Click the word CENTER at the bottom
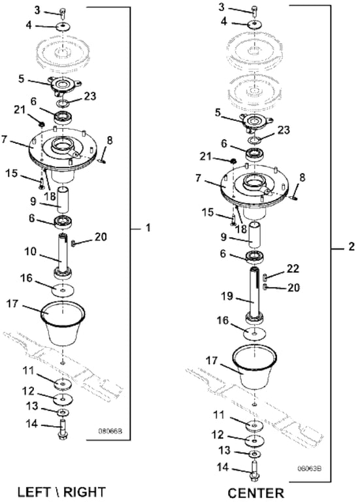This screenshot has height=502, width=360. pyautogui.click(x=255, y=493)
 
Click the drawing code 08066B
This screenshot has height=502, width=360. pyautogui.click(x=110, y=431)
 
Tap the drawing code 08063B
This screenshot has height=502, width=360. pyautogui.click(x=310, y=469)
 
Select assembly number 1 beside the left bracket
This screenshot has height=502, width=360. pyautogui.click(x=148, y=228)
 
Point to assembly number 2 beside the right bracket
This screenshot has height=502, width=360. pyautogui.click(x=351, y=246)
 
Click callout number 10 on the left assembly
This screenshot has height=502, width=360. pyautogui.click(x=31, y=252)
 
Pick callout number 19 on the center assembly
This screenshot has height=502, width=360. pyautogui.click(x=227, y=296)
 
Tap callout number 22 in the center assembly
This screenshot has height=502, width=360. pyautogui.click(x=293, y=268)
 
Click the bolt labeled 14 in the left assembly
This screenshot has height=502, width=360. pyautogui.click(x=62, y=431)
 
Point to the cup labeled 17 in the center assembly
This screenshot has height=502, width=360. pyautogui.click(x=254, y=367)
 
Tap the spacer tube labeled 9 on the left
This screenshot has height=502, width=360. pyautogui.click(x=63, y=200)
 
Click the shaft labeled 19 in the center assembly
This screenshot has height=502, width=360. pyautogui.click(x=255, y=294)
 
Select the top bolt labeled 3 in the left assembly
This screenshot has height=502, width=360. pyautogui.click(x=63, y=13)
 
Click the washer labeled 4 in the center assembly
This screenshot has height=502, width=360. pyautogui.click(x=254, y=24)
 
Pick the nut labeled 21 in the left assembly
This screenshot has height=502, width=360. pyautogui.click(x=41, y=124)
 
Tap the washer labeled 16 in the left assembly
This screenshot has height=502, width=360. pyautogui.click(x=63, y=290)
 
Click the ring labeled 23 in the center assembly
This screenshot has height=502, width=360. pyautogui.click(x=254, y=140)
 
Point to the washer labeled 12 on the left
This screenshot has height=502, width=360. pyautogui.click(x=63, y=399)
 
